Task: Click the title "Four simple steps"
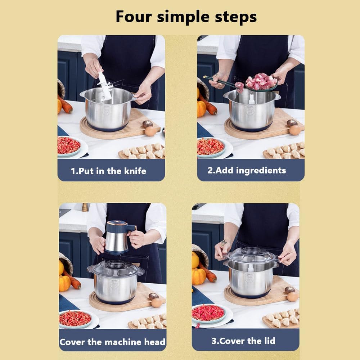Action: point(186,17)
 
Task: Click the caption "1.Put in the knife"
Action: point(108,171)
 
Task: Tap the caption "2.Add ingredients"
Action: point(247,170)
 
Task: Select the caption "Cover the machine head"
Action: point(112,342)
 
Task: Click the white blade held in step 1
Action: point(104,86)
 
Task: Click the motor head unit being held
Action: point(118,238)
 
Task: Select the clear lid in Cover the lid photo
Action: point(251,256)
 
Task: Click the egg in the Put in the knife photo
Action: point(150,131)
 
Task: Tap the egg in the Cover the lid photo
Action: point(293,296)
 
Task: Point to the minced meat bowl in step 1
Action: point(69,145)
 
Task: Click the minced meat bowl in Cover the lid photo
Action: point(208,312)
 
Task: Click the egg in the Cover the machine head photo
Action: point(157,303)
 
